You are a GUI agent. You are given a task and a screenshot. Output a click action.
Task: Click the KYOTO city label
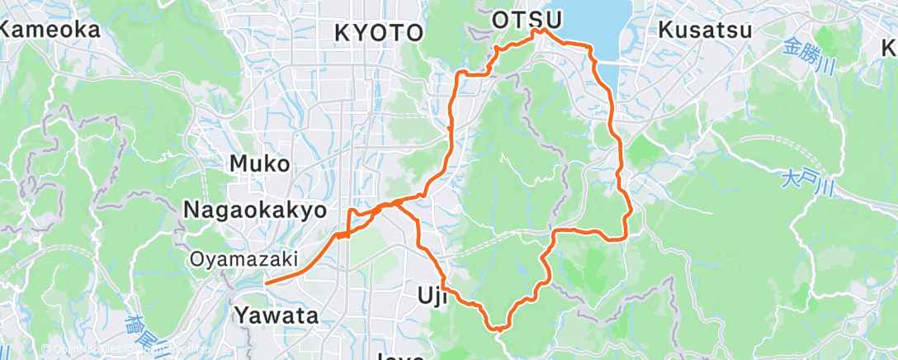point(379,33)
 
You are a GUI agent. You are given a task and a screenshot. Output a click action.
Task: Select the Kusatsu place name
point(705,31)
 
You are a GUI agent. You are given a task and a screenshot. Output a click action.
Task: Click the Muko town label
point(259,163)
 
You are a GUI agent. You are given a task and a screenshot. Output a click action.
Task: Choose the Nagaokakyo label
point(254,210)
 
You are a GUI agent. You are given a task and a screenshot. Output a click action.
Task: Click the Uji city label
point(431,295)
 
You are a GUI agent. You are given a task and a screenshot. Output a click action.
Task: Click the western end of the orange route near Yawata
point(267,282)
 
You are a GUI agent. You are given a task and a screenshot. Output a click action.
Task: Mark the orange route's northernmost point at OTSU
point(541,31)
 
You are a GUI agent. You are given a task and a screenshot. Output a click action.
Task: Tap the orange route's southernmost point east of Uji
point(499,329)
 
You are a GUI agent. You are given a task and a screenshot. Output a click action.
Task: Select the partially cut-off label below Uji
point(401,357)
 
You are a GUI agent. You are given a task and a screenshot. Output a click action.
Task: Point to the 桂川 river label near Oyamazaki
point(142,330)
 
